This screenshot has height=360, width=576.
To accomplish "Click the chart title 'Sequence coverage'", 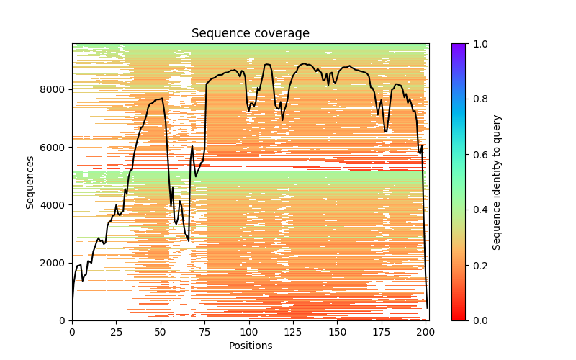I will click(251, 34).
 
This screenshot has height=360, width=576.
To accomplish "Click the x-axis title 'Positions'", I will click(251, 346).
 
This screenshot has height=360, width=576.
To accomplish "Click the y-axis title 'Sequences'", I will click(30, 182).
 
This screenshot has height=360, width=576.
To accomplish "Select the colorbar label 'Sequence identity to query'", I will click(497, 182).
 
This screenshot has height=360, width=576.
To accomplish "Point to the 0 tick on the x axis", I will click(72, 332).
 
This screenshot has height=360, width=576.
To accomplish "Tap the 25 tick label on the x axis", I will click(116, 332).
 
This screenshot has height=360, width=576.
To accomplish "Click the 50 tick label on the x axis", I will click(161, 332).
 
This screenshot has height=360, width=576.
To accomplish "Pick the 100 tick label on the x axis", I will click(249, 332).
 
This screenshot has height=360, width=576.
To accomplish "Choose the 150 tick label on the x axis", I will click(338, 332).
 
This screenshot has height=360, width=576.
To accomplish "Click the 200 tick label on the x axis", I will click(426, 332).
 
